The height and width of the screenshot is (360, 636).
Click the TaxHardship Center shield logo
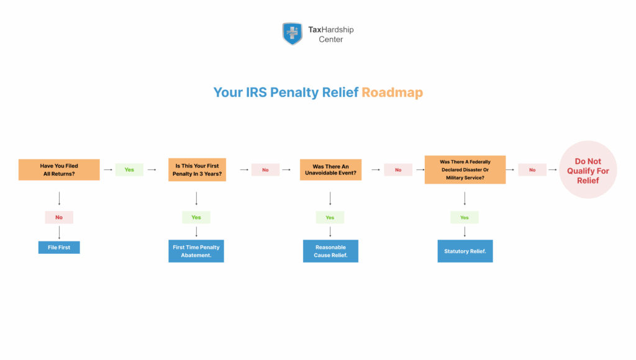(x=293, y=34)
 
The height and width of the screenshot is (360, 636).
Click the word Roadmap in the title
(x=392, y=92)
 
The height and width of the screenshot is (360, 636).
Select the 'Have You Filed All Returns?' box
(x=59, y=170)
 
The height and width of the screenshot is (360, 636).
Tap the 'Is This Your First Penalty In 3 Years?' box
(x=196, y=170)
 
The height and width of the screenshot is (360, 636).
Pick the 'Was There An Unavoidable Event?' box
(x=330, y=170)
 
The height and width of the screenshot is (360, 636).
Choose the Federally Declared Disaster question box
(x=465, y=169)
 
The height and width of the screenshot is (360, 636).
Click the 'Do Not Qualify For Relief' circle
(x=588, y=170)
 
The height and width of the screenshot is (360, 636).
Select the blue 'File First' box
(x=59, y=247)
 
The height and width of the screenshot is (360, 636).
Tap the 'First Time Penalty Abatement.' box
(x=196, y=251)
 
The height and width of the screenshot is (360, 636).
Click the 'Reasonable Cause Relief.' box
(x=330, y=251)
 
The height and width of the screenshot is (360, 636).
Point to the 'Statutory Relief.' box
(x=465, y=251)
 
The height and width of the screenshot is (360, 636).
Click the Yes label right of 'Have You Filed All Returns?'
(x=129, y=169)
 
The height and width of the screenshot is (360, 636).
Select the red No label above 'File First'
(x=59, y=217)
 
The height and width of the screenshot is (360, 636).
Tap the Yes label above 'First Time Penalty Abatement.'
(x=196, y=217)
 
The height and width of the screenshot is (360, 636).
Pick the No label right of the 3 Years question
(x=265, y=169)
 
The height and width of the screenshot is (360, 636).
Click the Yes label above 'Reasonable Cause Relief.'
(x=330, y=217)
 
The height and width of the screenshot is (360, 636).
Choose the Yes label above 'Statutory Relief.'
(x=465, y=217)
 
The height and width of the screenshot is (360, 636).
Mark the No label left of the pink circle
(x=532, y=169)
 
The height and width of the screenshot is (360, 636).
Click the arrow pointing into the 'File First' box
(x=59, y=232)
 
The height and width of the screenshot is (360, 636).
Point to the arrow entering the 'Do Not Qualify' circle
(x=553, y=169)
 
